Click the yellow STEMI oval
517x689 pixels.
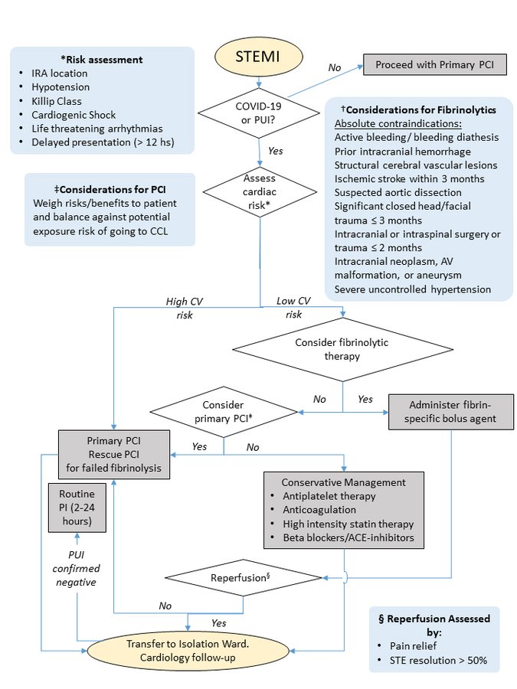(260, 57)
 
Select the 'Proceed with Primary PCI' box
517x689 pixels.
(435, 66)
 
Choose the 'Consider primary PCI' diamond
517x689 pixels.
(223, 411)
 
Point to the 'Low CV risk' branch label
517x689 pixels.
(293, 308)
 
